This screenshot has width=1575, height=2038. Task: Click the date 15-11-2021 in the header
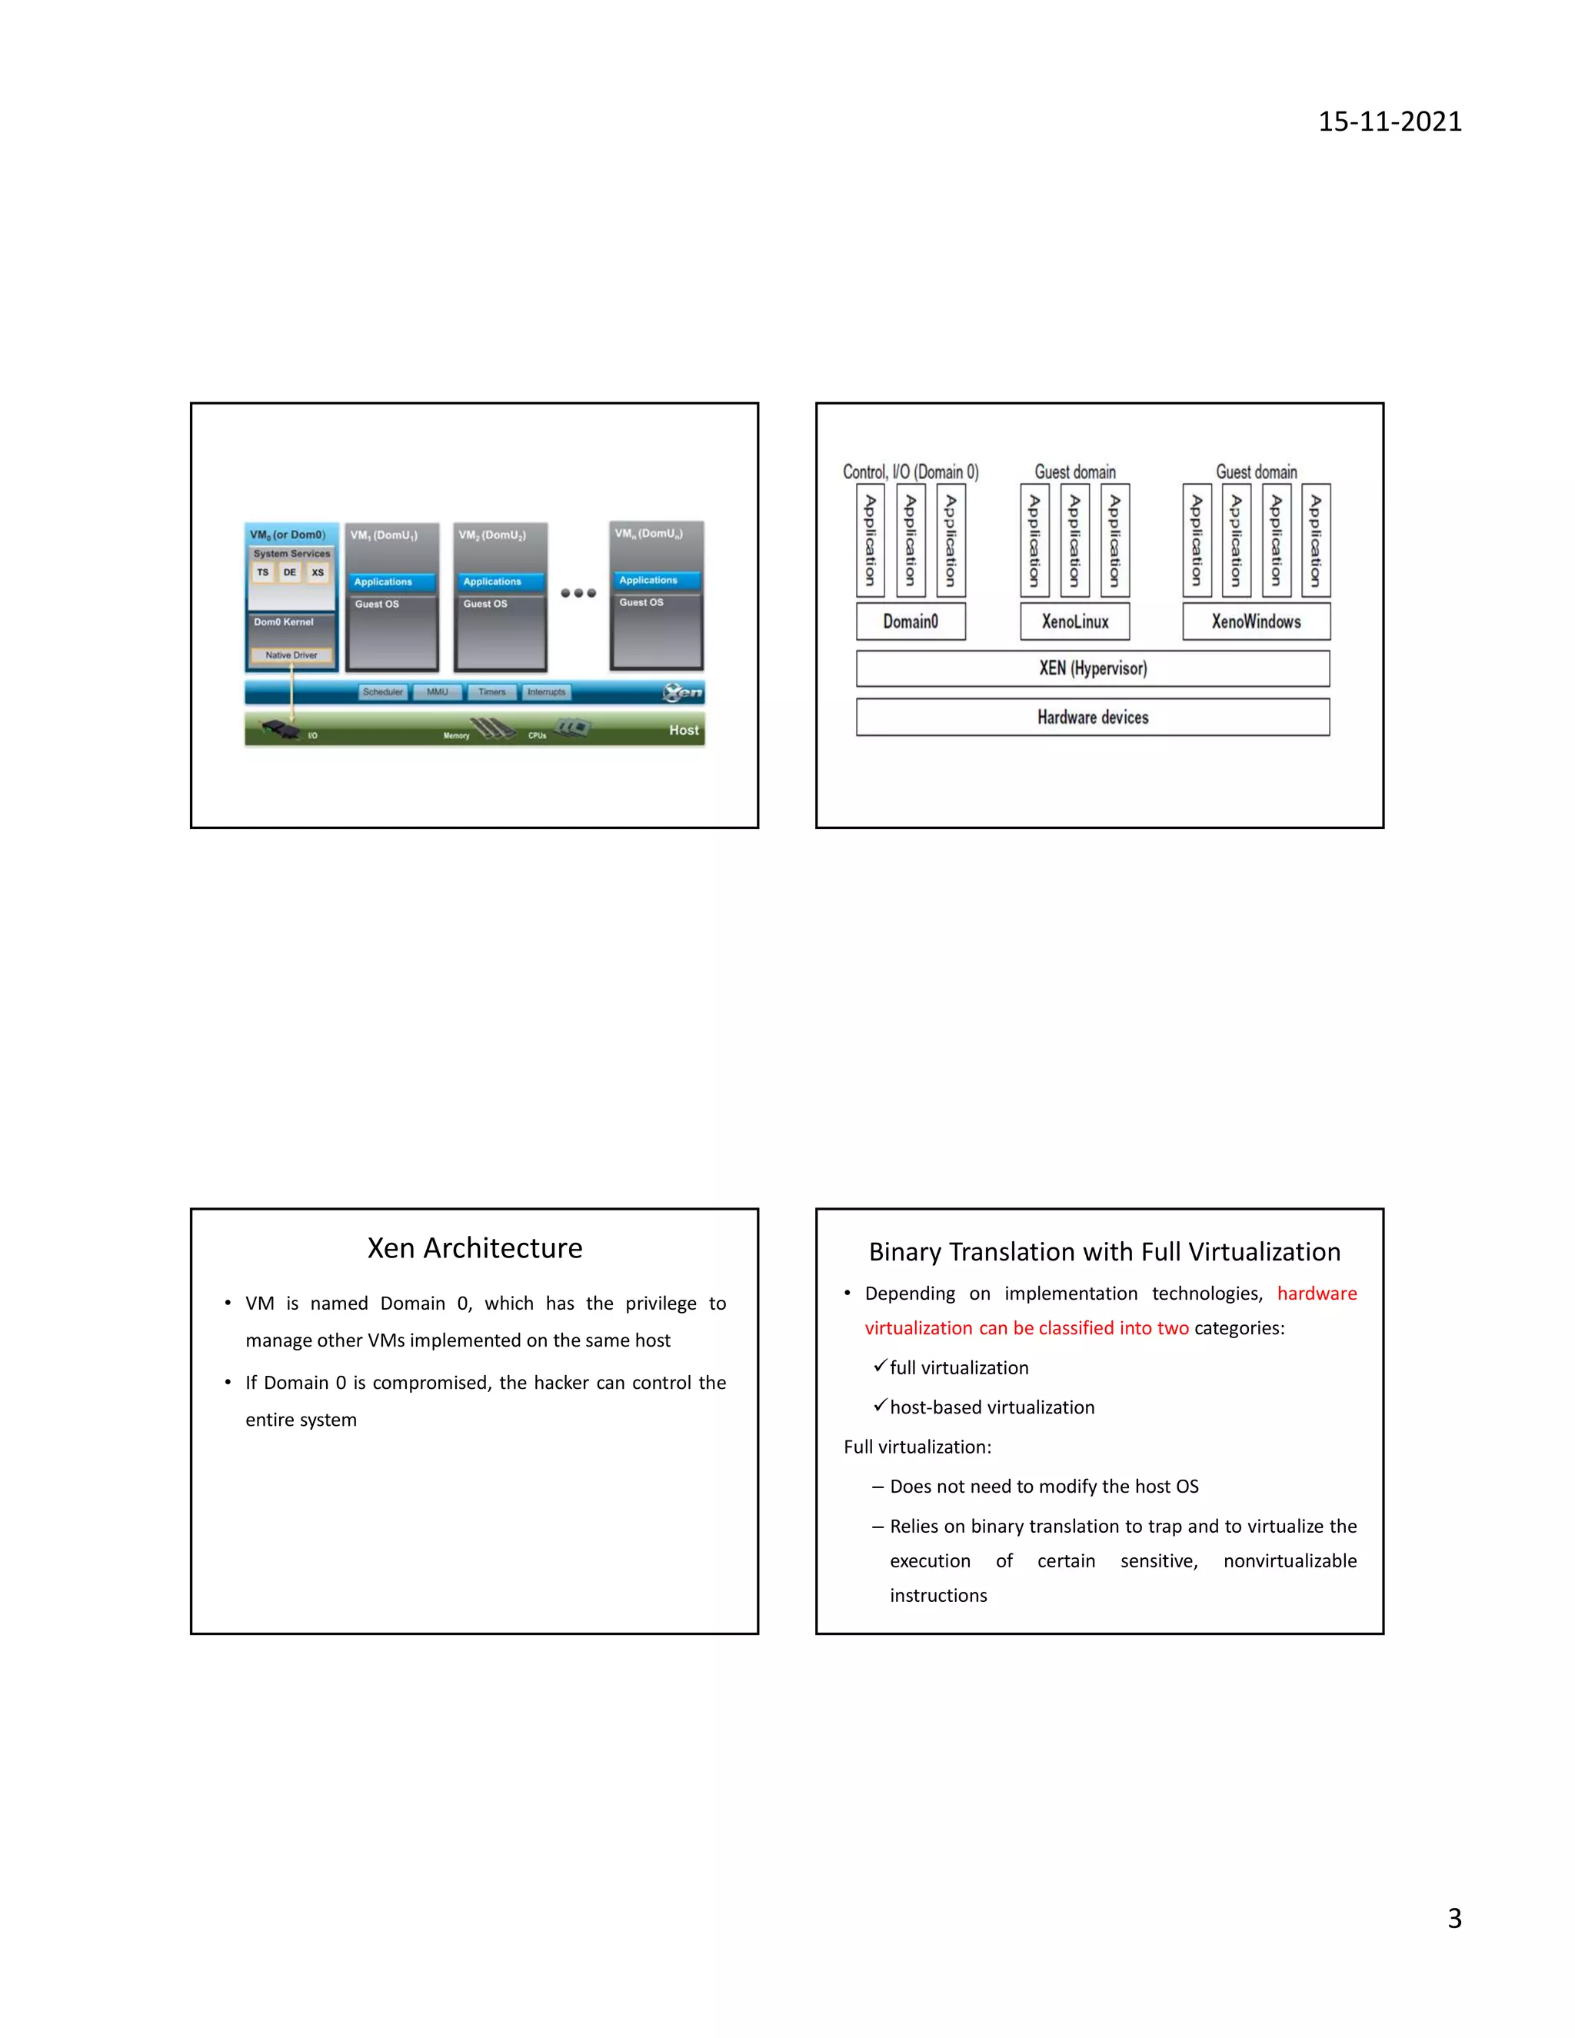[1390, 122]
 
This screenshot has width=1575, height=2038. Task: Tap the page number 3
[1453, 1917]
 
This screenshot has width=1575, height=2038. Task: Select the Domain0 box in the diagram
[911, 621]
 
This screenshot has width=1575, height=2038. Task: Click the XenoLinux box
[1075, 621]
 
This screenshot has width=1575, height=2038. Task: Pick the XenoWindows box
[1256, 621]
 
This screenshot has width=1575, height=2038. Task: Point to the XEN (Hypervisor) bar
[1093, 668]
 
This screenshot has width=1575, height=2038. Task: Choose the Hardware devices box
[1093, 717]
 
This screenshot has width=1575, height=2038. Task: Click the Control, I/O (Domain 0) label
[911, 472]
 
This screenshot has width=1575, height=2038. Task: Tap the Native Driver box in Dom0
[291, 655]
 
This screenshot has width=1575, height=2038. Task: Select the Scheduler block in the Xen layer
[382, 692]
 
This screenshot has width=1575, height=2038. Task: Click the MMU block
[437, 692]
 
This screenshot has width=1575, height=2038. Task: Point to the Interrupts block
[547, 692]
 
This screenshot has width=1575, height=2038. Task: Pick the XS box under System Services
[318, 573]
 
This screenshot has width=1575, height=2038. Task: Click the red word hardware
[1317, 1294]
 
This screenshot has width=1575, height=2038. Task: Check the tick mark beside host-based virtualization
[879, 1404]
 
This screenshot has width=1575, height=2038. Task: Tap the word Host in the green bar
[683, 730]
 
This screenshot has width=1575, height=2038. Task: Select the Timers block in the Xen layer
[491, 692]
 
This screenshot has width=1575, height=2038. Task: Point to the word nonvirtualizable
[1290, 1561]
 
